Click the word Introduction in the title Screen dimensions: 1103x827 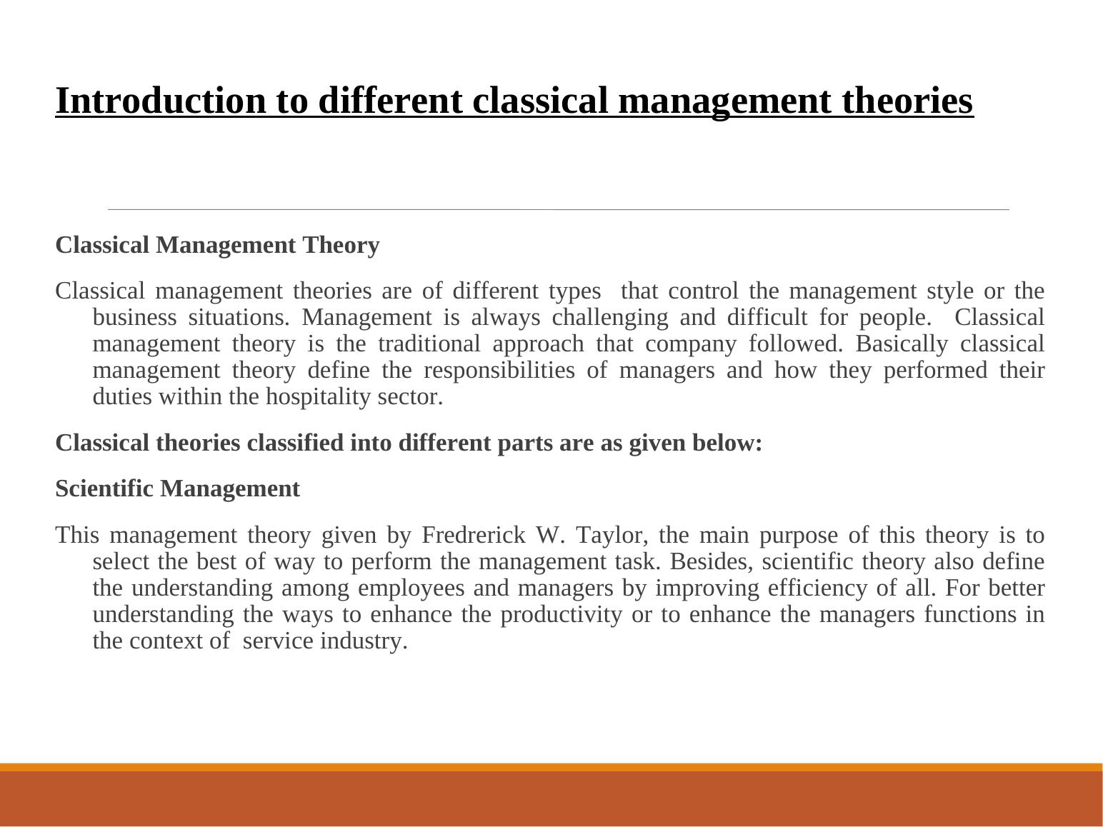coord(160,101)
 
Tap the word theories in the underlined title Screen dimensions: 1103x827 coord(907,101)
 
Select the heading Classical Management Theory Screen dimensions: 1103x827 coord(217,246)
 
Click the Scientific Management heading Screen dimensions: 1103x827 coord(177,488)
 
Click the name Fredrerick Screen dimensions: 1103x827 coord(474,535)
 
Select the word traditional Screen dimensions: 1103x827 coord(429,344)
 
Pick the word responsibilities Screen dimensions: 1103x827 coord(499,371)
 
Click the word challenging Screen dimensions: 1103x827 coord(610,318)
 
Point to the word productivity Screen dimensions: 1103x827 coord(562,615)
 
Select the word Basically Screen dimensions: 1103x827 coord(902,344)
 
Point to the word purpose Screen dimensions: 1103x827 coord(799,536)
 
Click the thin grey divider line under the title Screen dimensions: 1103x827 coord(558,209)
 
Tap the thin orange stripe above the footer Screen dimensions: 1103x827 coord(551,768)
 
